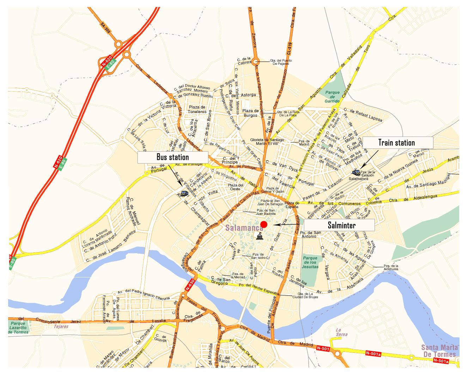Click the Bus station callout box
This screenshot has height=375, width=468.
tap(172, 157)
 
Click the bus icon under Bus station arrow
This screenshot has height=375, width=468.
tap(184, 193)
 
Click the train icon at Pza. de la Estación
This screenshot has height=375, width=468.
tap(356, 172)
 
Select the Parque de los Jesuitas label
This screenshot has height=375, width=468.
tap(310, 262)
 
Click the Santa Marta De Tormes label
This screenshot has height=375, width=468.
tap(439, 351)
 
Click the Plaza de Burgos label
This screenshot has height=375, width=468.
tap(251, 113)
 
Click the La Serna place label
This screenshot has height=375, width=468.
tap(341, 332)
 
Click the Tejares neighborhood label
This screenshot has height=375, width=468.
tap(61, 326)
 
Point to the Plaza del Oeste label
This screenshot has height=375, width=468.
tap(236, 187)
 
